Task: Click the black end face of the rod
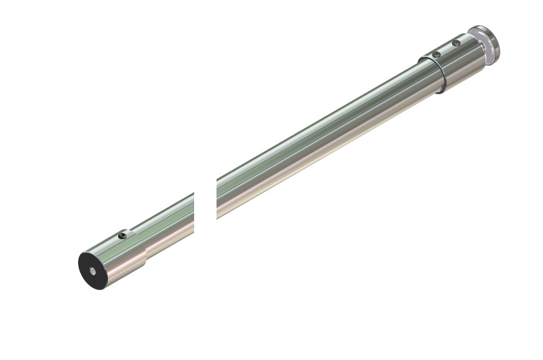(x=93, y=270)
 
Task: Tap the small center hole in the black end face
(x=93, y=270)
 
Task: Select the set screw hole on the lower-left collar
(x=123, y=235)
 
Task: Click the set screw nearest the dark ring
(x=436, y=54)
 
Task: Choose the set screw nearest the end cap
(x=456, y=43)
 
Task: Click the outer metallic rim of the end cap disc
(x=494, y=45)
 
